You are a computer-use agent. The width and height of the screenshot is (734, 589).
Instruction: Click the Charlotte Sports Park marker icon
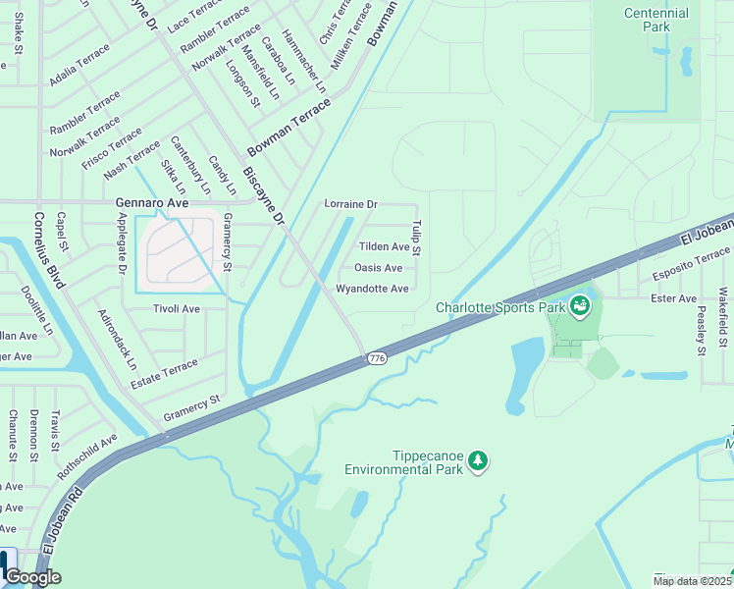581,307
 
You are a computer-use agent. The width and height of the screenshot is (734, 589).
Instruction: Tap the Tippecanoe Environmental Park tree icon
478,459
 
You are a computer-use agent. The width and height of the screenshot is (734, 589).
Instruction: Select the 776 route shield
377,359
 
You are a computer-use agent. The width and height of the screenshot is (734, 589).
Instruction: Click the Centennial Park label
656,20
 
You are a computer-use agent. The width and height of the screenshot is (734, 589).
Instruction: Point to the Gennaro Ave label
151,203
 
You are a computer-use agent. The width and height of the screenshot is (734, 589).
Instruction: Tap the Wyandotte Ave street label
372,289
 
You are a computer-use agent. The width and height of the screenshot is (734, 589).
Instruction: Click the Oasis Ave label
378,268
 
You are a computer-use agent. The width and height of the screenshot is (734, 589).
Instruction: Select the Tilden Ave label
384,247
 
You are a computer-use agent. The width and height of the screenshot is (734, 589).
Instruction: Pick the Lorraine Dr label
350,204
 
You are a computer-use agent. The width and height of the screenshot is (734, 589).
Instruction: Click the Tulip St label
416,239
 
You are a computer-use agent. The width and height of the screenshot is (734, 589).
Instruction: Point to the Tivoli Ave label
177,308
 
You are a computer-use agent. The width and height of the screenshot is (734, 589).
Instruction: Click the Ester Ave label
673,298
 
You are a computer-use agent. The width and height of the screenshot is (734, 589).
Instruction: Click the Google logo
32,577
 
